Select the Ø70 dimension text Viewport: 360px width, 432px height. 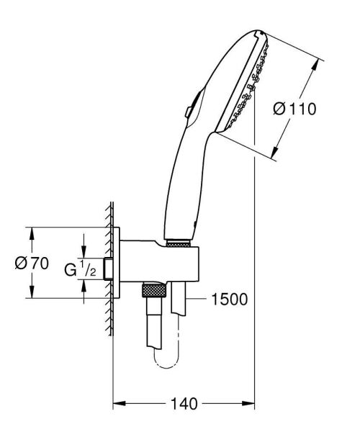tap(32, 264)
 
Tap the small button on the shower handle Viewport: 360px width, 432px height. tap(187, 110)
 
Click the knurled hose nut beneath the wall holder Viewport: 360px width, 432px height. tap(154, 290)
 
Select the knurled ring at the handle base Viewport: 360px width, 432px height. tap(180, 244)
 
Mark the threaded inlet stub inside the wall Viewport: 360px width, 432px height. tap(108, 267)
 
